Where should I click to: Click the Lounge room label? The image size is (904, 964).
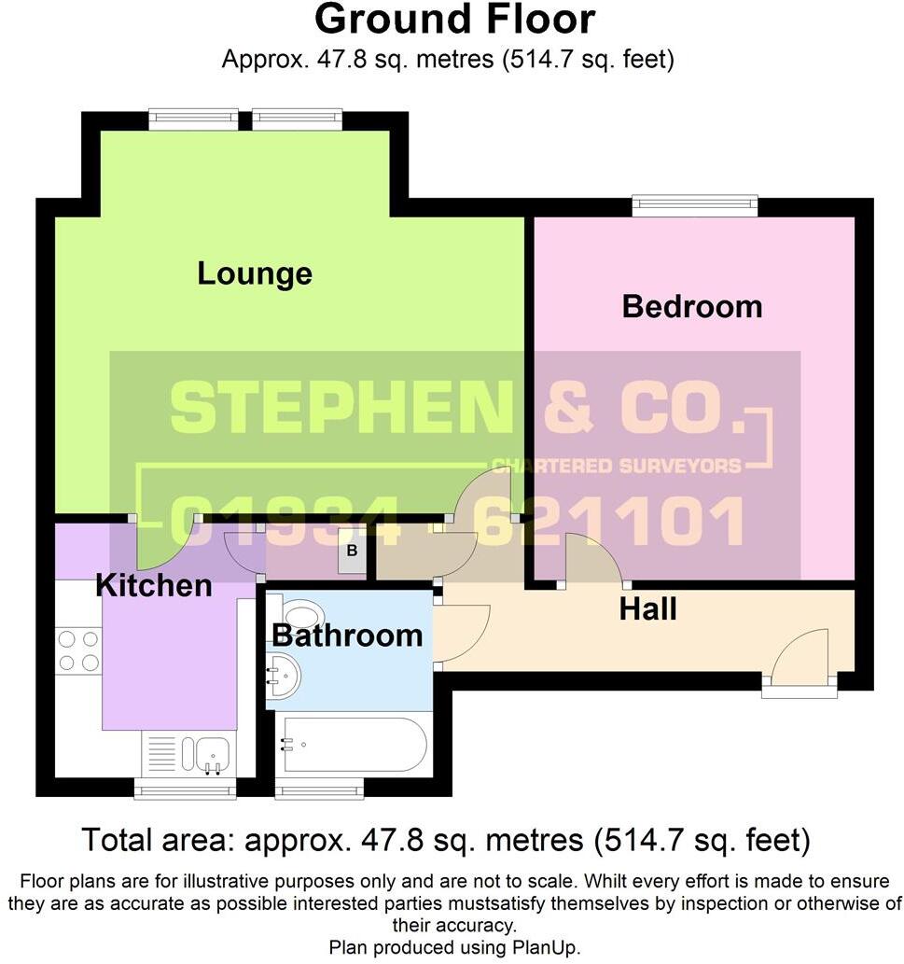point(254,273)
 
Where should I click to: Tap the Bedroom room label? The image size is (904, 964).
point(691,306)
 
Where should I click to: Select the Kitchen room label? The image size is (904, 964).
point(154,586)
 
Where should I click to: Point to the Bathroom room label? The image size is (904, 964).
point(347,636)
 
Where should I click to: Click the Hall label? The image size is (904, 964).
point(647,610)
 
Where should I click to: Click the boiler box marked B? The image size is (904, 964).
point(352,552)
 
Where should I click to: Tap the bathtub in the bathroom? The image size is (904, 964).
point(355,745)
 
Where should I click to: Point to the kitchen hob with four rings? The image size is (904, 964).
point(78,650)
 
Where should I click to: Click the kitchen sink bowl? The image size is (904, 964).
point(213,749)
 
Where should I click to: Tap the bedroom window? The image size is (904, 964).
point(694,203)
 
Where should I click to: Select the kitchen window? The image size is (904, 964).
point(185,791)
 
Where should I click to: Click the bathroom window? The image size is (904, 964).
point(318,791)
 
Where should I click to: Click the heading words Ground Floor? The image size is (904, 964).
point(454,20)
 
